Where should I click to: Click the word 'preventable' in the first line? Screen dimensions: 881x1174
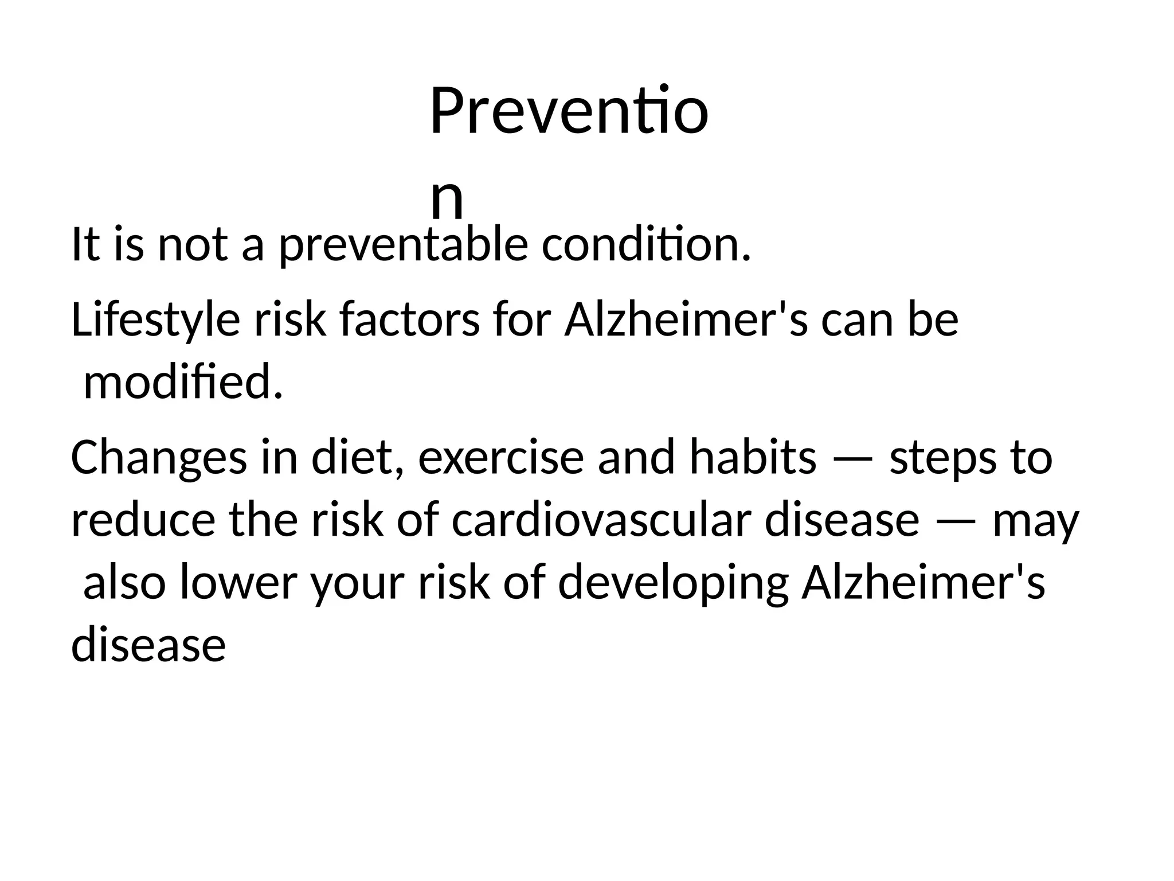click(x=402, y=245)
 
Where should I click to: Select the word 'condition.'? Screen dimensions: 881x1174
click(x=645, y=245)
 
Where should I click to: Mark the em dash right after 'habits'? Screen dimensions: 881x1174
click(x=852, y=459)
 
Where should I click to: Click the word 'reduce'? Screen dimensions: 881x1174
click(x=143, y=521)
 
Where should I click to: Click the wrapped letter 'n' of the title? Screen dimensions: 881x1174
click(x=447, y=198)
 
